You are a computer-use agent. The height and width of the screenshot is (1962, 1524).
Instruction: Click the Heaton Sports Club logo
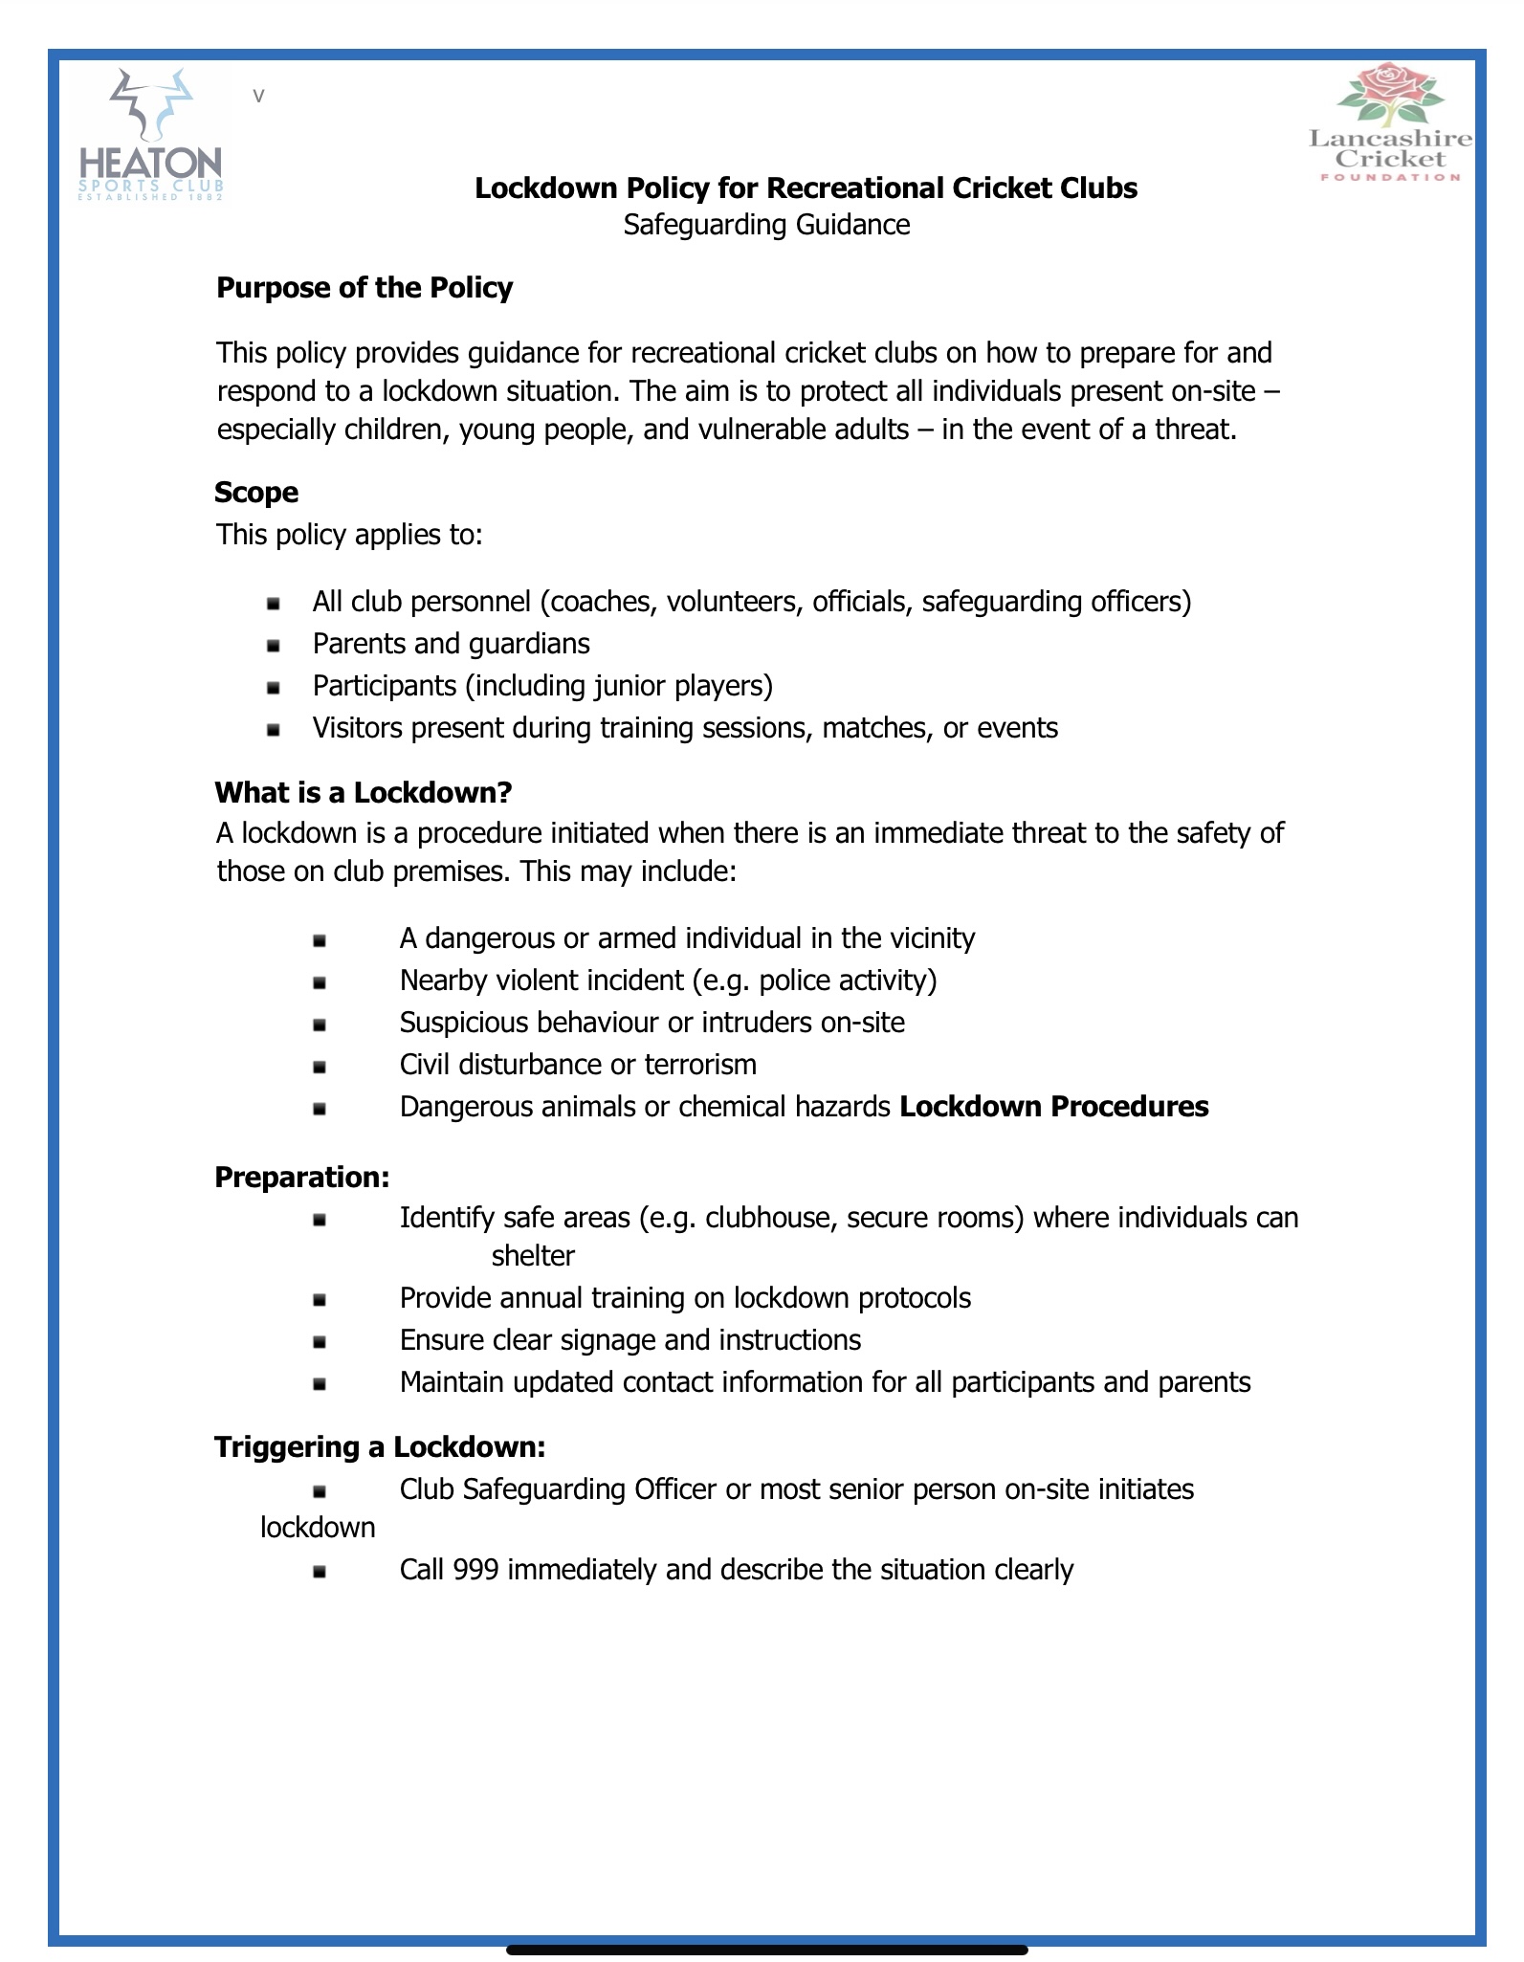click(x=151, y=134)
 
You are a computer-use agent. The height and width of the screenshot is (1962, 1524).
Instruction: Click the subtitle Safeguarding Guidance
click(x=766, y=225)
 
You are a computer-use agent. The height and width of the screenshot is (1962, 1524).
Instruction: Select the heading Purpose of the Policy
click(x=364, y=288)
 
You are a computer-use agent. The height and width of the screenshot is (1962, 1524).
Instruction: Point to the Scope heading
click(x=256, y=493)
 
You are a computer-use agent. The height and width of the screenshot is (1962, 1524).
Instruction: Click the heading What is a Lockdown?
click(x=364, y=792)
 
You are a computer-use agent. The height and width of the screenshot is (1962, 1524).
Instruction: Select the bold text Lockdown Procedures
click(x=1054, y=1107)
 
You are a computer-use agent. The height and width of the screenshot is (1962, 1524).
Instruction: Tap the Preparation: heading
click(x=302, y=1177)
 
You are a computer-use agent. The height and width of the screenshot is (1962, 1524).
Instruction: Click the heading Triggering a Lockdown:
click(x=380, y=1446)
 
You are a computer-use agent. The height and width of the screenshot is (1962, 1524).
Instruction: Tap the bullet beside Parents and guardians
click(x=274, y=646)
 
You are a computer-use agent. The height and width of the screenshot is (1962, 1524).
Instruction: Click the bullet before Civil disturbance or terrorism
click(x=320, y=1067)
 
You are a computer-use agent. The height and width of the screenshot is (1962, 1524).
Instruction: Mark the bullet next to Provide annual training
click(x=320, y=1300)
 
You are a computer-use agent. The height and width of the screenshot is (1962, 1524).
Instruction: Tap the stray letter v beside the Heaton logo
click(x=258, y=96)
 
